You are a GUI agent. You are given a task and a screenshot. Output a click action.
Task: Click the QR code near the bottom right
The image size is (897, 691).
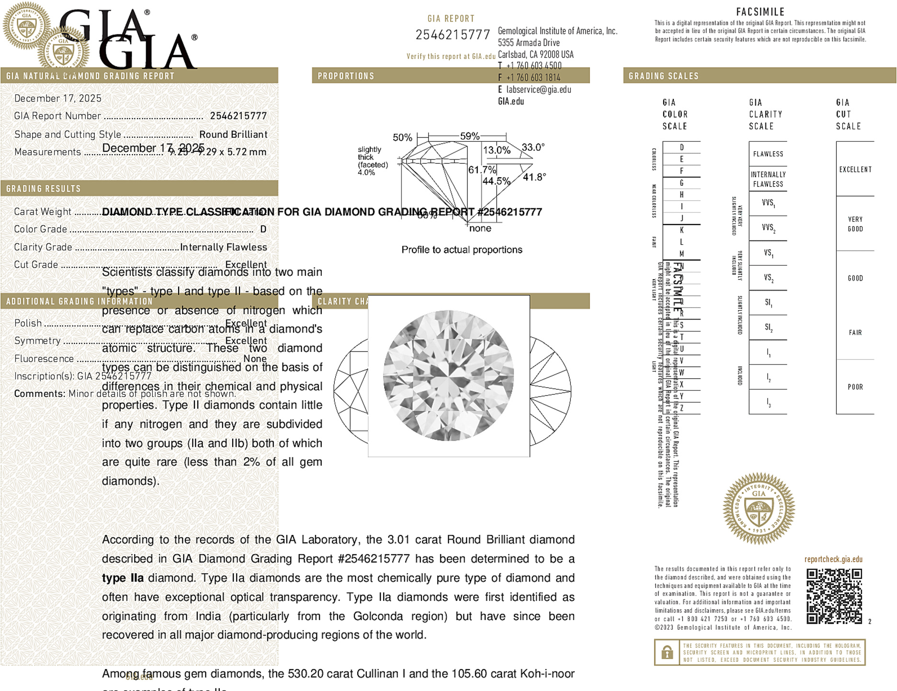834,596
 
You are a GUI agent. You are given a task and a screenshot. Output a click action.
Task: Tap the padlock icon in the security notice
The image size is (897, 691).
667,652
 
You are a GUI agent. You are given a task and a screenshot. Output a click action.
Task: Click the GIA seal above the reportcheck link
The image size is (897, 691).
759,509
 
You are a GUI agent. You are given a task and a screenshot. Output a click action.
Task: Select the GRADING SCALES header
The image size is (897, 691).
663,76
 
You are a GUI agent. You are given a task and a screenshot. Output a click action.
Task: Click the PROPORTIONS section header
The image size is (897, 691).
346,76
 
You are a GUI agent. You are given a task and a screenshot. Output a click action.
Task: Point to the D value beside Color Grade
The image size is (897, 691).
263,229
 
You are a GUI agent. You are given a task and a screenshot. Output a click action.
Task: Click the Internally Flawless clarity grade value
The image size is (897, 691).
223,247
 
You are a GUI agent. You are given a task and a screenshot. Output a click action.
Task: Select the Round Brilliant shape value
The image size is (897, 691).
233,135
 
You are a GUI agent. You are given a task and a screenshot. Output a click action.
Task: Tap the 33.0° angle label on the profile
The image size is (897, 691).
533,147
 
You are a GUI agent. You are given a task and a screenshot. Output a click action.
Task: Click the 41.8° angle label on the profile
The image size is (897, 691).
534,177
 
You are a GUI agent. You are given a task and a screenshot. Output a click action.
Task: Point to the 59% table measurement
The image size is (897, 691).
469,136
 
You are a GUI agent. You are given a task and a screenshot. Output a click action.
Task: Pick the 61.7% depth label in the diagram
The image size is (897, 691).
482,170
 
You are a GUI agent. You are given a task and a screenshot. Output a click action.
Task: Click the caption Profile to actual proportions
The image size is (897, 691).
462,250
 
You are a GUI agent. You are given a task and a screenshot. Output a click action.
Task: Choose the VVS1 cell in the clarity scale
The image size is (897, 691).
768,203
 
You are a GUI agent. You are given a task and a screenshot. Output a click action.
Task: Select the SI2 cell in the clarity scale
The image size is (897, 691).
768,328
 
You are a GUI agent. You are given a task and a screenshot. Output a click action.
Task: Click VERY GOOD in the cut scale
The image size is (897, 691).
855,224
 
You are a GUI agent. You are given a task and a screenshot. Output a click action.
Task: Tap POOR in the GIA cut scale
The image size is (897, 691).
855,387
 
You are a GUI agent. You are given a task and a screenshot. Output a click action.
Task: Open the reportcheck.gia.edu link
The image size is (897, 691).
833,559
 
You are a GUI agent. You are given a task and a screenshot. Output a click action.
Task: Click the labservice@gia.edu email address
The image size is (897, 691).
538,90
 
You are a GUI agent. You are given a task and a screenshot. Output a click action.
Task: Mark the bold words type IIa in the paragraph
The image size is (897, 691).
123,578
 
